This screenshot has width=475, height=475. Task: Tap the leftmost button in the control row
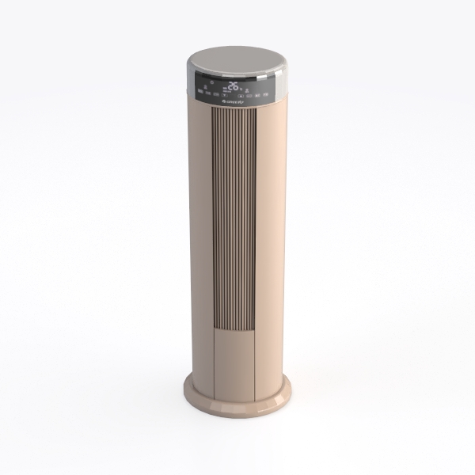[200, 92]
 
